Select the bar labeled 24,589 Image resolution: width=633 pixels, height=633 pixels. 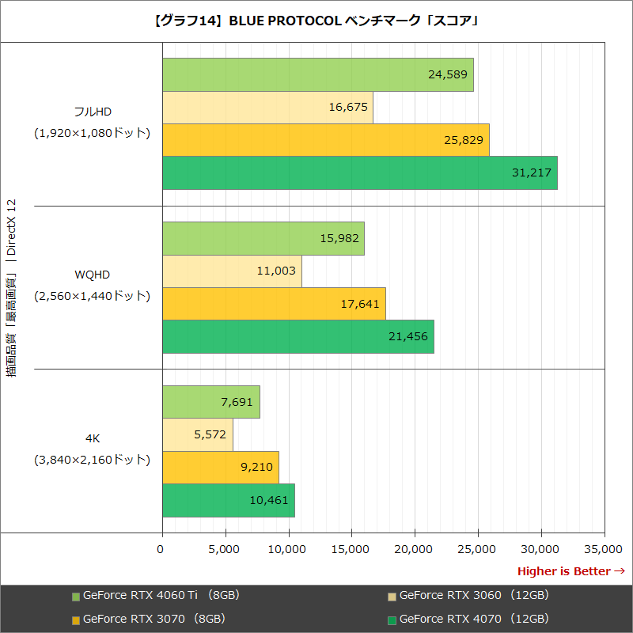pos(316,74)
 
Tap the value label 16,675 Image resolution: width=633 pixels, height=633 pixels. pos(348,107)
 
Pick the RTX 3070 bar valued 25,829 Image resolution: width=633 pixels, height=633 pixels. pos(324,140)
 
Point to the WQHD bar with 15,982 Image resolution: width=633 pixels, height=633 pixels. pos(261,238)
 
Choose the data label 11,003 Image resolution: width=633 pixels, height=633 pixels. pos(276,271)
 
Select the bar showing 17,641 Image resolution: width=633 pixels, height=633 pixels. pos(273,303)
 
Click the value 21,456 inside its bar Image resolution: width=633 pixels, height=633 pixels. pos(408,336)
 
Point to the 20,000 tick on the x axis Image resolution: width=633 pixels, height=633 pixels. pos(415,548)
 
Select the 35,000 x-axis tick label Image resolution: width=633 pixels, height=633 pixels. pos(604,548)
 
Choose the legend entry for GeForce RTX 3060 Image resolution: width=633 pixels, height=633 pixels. pos(474,595)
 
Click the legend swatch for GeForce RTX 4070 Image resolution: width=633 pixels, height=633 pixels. pos(392,620)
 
